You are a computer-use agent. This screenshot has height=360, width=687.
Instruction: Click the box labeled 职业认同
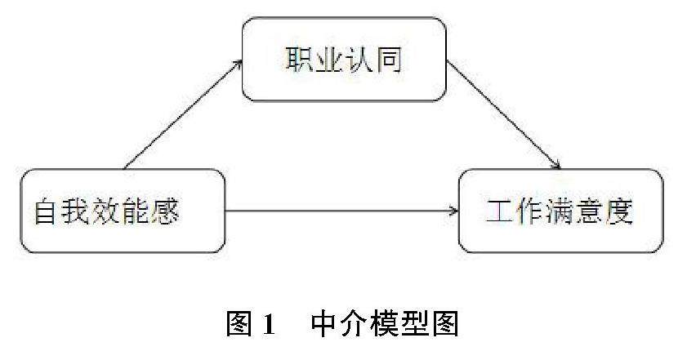coord(344,60)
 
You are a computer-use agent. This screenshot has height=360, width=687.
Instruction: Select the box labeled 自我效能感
coord(122,211)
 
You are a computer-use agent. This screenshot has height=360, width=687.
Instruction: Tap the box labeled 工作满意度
coord(560,210)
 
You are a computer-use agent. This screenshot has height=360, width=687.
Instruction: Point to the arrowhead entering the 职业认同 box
coord(239,61)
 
